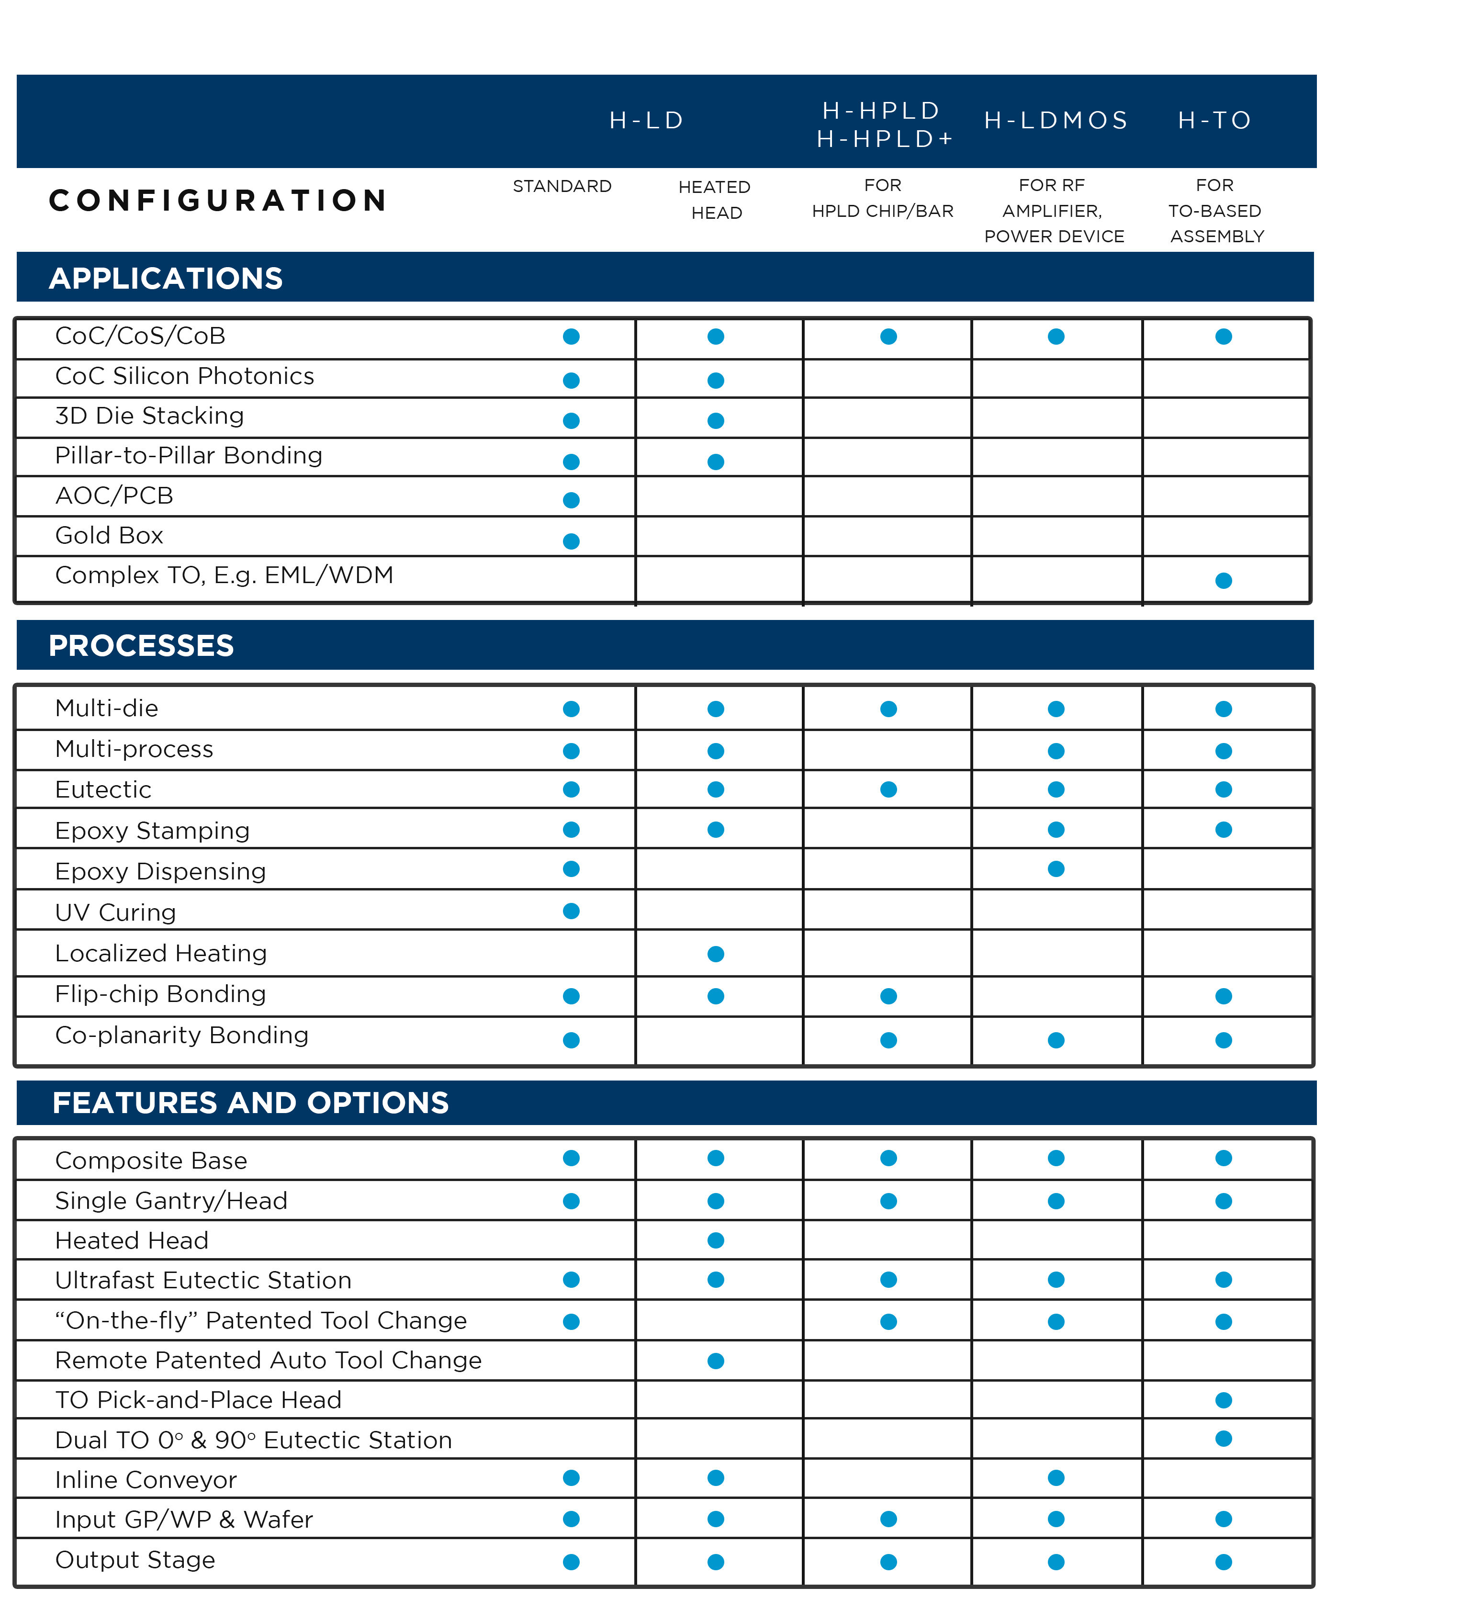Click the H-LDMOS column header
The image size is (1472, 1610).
1056,121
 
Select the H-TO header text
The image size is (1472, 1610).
1215,121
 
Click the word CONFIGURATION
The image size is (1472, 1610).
218,201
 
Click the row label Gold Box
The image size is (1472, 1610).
110,536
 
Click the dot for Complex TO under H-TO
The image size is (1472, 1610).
1224,581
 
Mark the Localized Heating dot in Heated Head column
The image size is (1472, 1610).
716,954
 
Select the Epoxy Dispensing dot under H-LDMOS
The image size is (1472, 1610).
1056,869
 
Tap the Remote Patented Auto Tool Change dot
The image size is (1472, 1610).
716,1361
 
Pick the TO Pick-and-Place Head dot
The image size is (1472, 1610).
1224,1400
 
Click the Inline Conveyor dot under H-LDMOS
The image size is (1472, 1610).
1056,1478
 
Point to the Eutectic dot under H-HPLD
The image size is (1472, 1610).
888,790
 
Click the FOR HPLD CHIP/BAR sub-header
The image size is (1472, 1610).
883,198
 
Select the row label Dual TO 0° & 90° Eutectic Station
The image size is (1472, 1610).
253,1441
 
